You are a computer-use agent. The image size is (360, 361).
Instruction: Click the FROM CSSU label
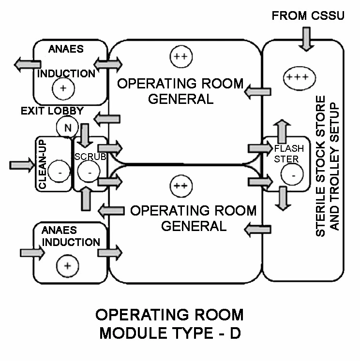click(308, 16)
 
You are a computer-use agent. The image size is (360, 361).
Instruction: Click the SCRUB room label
click(89, 157)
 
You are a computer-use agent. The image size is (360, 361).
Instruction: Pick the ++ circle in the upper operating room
click(180, 57)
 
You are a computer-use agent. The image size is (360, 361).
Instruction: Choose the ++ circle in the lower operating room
click(180, 185)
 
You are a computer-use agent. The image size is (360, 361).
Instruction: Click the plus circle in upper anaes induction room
click(62, 88)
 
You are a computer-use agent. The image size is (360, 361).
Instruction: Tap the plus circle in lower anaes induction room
click(67, 266)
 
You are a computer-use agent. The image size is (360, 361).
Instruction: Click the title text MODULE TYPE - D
click(170, 333)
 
